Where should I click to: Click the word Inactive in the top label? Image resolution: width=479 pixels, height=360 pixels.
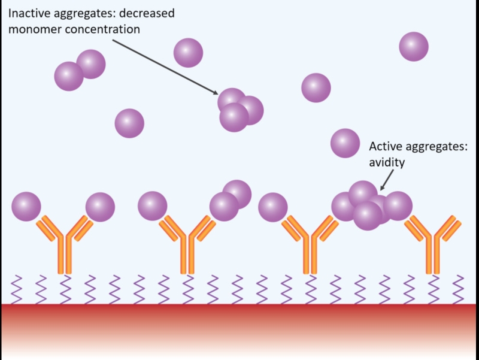click(28, 13)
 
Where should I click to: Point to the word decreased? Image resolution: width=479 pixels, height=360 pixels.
click(148, 13)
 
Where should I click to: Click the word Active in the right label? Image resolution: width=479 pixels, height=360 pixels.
click(384, 146)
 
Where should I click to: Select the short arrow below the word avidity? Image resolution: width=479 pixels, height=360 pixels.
click(386, 180)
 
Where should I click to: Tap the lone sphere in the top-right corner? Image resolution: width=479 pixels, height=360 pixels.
click(414, 47)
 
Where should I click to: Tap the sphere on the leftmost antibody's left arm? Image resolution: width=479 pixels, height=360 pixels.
click(26, 207)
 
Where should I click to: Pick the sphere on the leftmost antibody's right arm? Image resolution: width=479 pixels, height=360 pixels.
click(100, 207)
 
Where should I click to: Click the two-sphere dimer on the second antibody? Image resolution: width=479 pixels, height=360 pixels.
click(230, 201)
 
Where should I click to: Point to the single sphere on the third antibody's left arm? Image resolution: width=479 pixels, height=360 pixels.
click(273, 207)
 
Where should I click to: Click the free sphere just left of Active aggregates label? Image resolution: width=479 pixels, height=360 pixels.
click(345, 143)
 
